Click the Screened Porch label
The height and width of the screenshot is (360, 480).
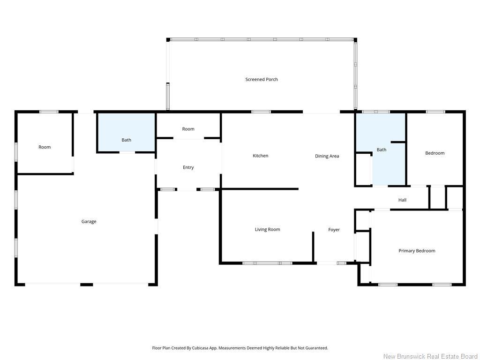tap(262, 79)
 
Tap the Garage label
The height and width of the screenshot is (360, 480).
tap(89, 221)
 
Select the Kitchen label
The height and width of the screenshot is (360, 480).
tap(261, 156)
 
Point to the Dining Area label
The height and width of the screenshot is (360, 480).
tap(327, 156)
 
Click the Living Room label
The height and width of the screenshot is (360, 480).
tap(268, 229)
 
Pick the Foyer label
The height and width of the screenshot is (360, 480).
tap(334, 230)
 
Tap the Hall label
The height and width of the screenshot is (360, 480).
tap(402, 200)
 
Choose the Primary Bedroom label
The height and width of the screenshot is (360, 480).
tap(417, 251)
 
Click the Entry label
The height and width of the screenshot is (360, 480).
tap(188, 167)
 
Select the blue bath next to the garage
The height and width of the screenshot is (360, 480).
tap(126, 133)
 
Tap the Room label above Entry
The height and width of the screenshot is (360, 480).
tap(188, 129)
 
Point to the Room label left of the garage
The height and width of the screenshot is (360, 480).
tap(45, 147)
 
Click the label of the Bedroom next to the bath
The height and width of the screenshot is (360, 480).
tap(435, 153)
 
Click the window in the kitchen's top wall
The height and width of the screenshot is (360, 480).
tap(261, 112)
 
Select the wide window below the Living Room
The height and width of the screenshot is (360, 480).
tap(267, 263)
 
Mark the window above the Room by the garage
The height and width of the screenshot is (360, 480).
tap(49, 112)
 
